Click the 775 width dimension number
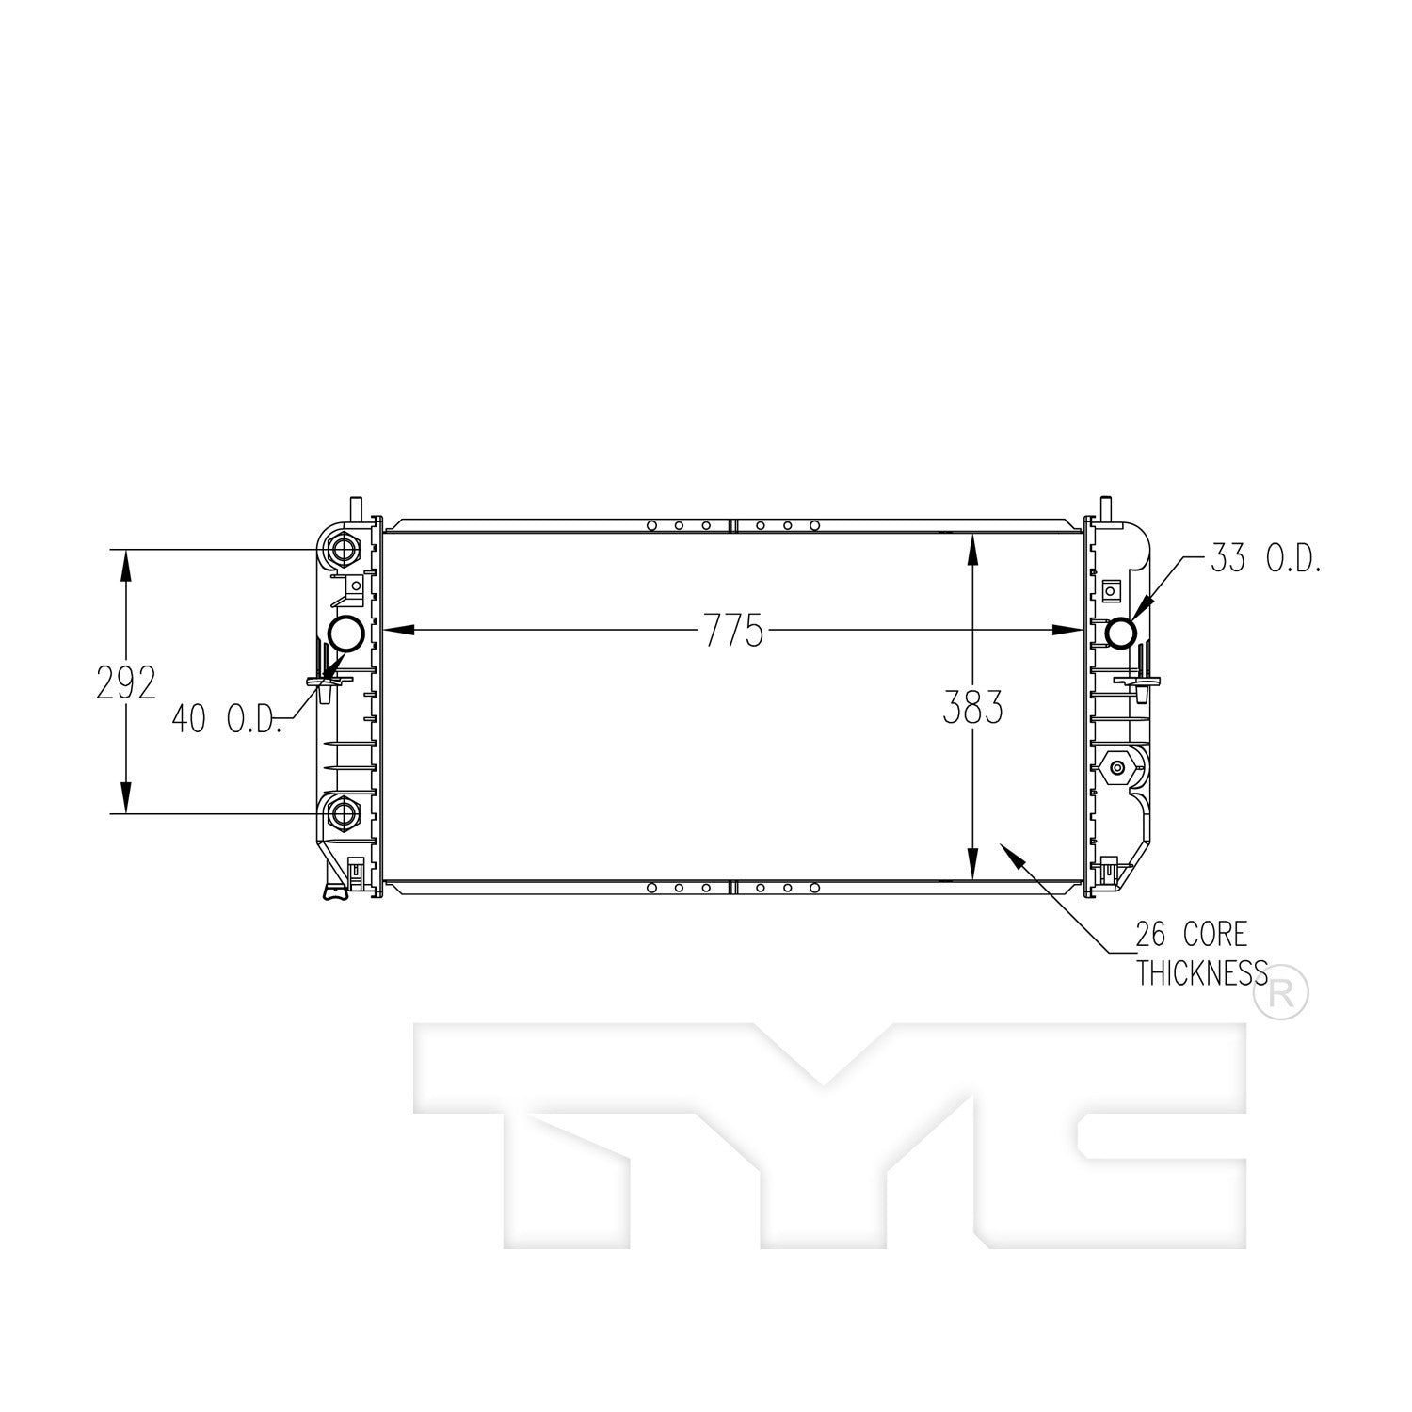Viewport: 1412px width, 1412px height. point(733,631)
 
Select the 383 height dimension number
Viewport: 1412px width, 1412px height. point(972,708)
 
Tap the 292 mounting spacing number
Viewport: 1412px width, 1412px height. point(125,683)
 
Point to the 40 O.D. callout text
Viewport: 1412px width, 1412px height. point(226,720)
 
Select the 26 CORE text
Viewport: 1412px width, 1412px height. point(1191,935)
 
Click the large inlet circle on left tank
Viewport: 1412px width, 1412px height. point(346,633)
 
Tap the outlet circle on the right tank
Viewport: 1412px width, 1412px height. point(1120,632)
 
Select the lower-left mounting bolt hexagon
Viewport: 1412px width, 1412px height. point(344,812)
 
